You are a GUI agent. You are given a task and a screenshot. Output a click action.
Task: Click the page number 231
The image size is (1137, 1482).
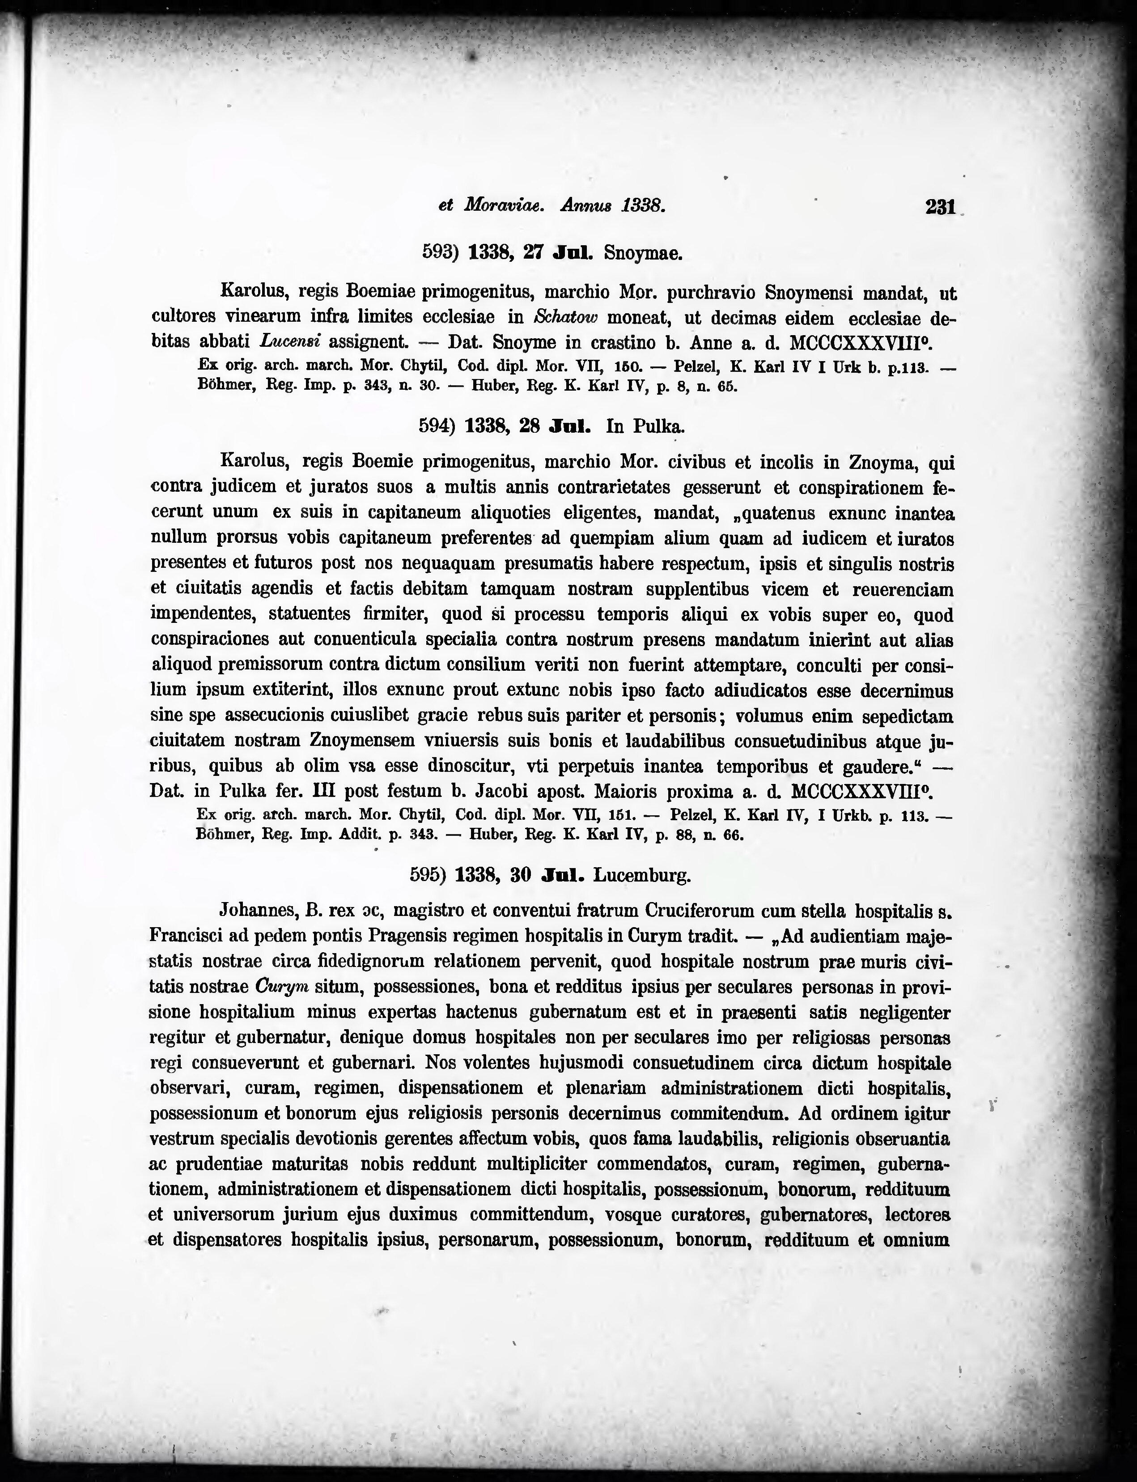click(940, 206)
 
